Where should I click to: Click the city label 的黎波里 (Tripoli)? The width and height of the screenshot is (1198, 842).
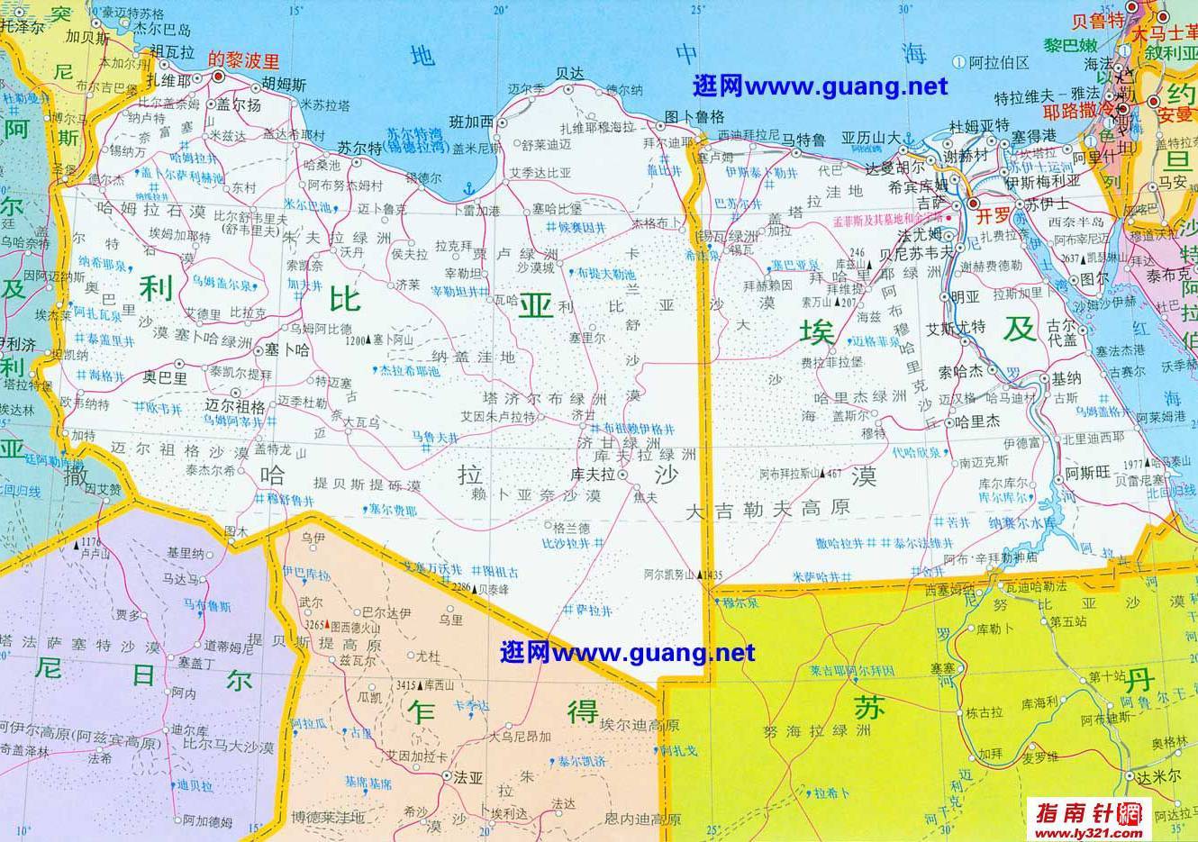tap(244, 61)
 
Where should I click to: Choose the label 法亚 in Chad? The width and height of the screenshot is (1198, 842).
tap(468, 774)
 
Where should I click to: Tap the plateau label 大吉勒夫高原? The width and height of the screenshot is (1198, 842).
tap(768, 509)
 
